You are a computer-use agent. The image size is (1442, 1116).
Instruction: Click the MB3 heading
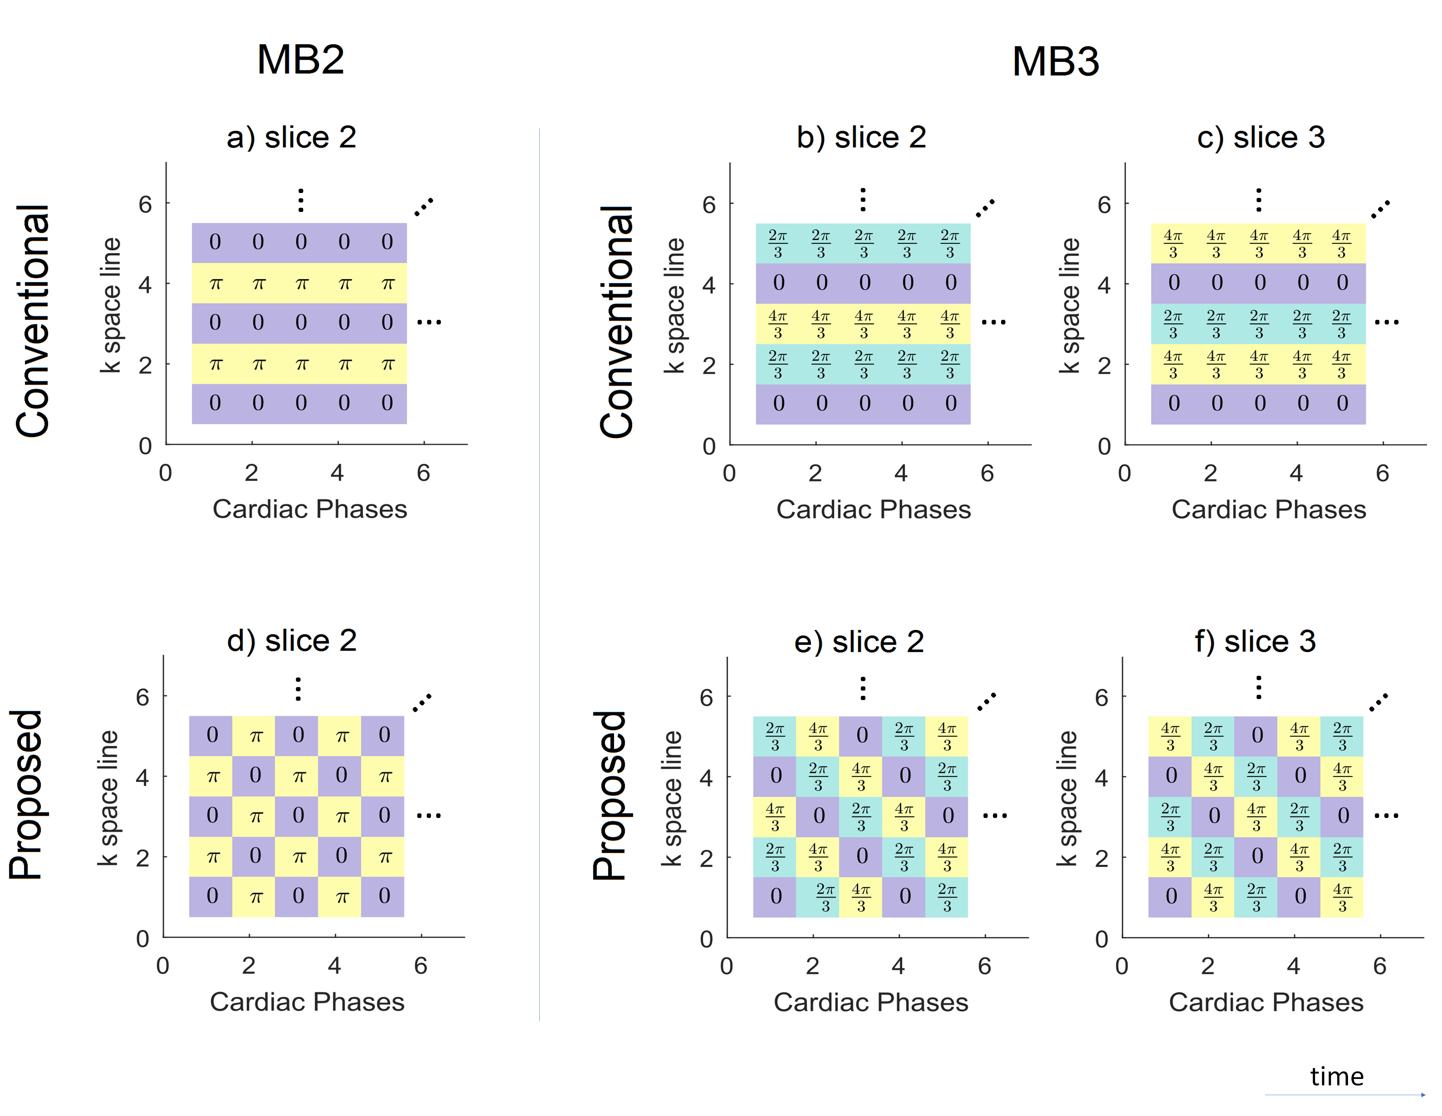[1055, 61]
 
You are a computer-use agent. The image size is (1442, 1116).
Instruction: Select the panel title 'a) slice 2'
[291, 137]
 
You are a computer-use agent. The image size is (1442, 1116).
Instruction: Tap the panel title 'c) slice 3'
[1260, 137]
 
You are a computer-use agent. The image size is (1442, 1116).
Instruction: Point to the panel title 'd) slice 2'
[292, 641]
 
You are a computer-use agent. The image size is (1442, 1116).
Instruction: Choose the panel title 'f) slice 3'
[1255, 641]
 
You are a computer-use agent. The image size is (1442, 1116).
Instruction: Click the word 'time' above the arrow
[1336, 1076]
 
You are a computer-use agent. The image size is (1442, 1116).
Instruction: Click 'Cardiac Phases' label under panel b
[873, 509]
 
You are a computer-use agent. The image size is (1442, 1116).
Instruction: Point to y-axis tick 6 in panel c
[1104, 205]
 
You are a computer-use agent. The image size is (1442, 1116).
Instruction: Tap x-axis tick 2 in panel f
[1208, 966]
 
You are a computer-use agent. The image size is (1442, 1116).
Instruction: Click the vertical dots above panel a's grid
[301, 200]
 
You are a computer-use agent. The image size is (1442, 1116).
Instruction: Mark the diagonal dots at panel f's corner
[1379, 702]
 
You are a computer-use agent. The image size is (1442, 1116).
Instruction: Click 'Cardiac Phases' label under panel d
[307, 1002]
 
